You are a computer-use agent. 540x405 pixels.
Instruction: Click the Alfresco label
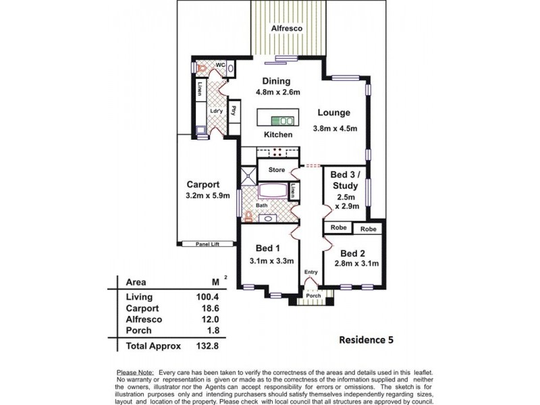[x=287, y=30]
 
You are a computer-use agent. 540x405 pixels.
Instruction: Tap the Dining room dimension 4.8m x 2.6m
[x=277, y=92]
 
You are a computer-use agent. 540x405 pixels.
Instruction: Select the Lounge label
[x=334, y=113]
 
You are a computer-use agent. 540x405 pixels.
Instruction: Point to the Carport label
[x=202, y=184]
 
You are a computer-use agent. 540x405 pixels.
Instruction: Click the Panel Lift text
[x=209, y=244]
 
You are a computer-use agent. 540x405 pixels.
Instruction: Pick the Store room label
[x=277, y=170]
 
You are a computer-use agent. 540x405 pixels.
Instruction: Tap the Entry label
[x=310, y=272]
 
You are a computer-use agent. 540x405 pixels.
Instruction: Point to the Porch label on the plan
[x=313, y=296]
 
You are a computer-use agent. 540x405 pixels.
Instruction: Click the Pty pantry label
[x=233, y=111]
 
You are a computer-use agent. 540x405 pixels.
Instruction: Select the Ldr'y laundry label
[x=216, y=111]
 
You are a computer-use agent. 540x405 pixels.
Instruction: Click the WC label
[x=219, y=65]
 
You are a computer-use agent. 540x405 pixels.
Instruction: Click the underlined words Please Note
[x=135, y=373]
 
